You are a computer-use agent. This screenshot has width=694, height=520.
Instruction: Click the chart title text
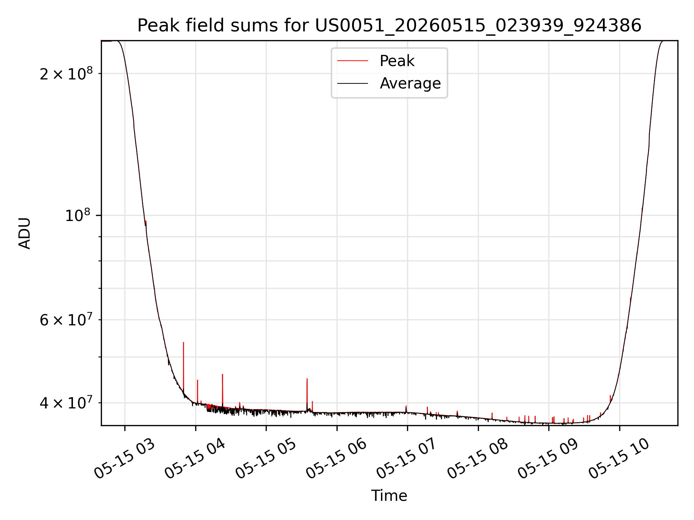click(389, 26)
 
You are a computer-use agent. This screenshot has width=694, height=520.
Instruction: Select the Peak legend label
click(397, 61)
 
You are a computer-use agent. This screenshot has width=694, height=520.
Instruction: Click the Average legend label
click(410, 83)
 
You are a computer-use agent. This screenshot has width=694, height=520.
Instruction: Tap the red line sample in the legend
click(352, 61)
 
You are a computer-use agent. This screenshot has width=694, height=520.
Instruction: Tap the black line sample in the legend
click(352, 83)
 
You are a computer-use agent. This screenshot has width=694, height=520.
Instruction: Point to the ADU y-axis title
click(25, 233)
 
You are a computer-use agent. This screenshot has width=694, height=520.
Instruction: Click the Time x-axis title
click(389, 496)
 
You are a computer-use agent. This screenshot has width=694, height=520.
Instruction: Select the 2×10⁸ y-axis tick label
click(66, 73)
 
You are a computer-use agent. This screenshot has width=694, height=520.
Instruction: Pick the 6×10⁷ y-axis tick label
click(66, 320)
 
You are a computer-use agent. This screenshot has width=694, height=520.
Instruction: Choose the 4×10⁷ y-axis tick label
click(66, 403)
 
